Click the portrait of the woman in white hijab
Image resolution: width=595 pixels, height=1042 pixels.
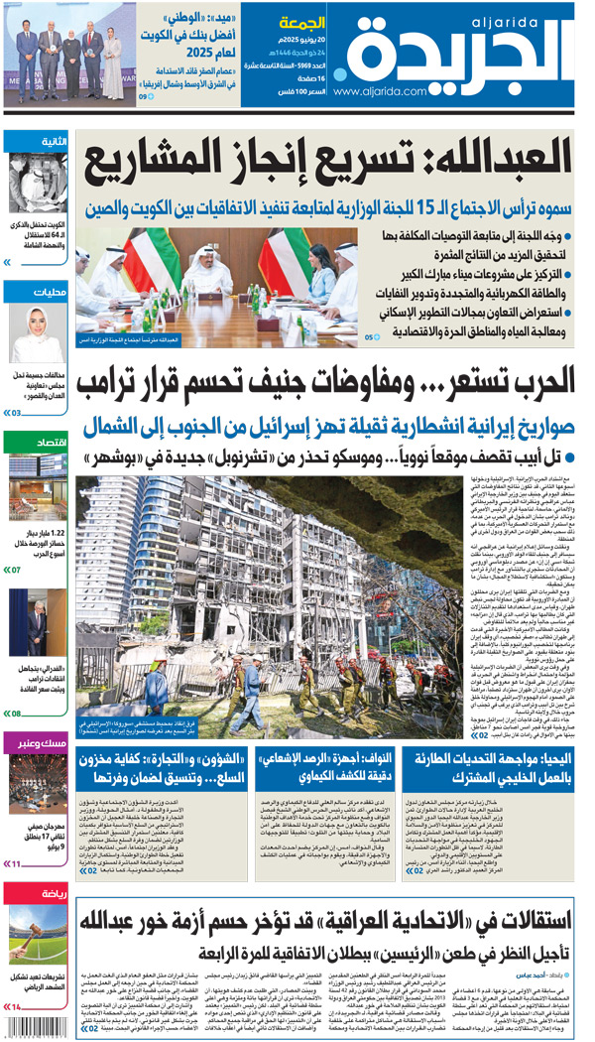[x=38, y=333]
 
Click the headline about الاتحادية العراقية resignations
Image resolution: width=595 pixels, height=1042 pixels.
[x=327, y=914]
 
